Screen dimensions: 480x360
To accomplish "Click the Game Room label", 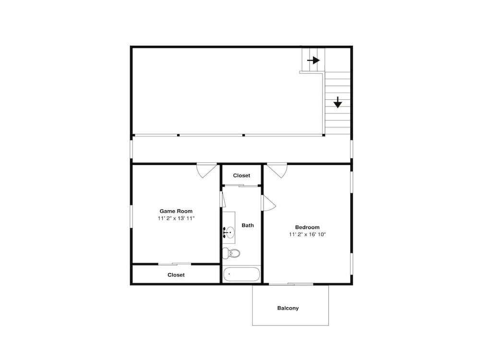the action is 176,211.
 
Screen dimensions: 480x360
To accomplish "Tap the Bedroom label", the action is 307,227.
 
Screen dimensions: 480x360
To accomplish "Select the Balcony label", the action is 288,308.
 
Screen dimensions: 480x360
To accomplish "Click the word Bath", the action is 248,225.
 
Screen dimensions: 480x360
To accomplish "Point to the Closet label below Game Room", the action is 176,275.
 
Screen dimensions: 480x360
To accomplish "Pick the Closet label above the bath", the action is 241,175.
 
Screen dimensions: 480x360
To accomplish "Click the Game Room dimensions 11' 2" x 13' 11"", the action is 176,218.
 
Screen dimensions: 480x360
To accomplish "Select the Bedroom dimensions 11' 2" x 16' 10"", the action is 307,235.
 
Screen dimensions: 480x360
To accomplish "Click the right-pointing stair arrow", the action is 313,60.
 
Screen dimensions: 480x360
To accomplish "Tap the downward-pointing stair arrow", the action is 337,102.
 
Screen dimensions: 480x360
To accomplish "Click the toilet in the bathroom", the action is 231,253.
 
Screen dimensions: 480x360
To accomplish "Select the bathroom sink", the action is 228,233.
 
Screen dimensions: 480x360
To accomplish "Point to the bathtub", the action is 241,274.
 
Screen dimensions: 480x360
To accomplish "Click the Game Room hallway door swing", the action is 206,171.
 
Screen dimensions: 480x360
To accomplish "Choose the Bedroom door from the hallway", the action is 277,171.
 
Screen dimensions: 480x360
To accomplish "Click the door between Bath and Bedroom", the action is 268,203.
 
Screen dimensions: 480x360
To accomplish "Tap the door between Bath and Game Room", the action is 223,199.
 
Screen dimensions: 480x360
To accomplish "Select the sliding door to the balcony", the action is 291,284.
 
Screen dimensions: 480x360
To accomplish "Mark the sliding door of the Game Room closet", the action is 175,264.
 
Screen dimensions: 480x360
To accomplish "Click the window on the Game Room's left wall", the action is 132,216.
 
